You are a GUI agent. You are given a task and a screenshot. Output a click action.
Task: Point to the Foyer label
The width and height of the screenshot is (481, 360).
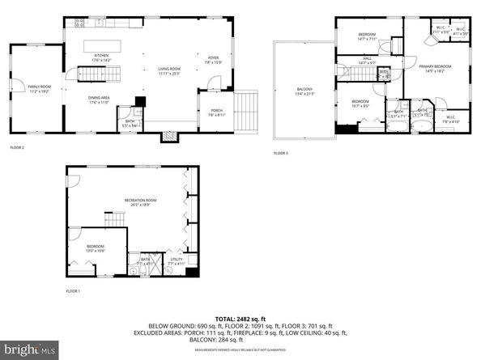click(214, 57)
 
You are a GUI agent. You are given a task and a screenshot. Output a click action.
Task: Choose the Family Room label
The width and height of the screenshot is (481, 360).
click(38, 87)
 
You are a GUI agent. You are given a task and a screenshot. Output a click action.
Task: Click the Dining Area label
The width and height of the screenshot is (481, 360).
click(100, 100)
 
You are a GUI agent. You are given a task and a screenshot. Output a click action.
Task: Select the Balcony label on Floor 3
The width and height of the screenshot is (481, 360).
click(304, 90)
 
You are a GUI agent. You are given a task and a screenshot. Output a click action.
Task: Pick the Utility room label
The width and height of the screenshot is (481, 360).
click(177, 260)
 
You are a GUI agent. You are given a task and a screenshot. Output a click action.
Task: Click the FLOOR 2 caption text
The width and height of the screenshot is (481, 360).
click(17, 148)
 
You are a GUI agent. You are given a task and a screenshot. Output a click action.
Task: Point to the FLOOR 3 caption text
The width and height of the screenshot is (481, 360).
click(280, 153)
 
